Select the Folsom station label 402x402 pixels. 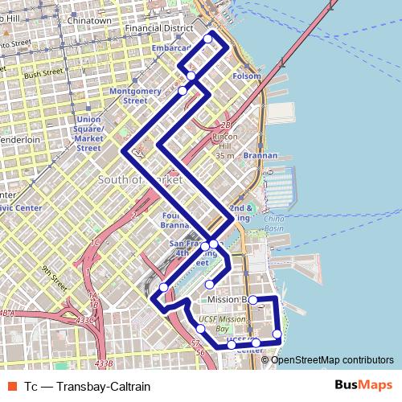click(x=247, y=76)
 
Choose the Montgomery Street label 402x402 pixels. click(x=129, y=96)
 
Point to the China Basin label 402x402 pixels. click(x=274, y=224)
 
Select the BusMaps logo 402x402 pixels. click(x=363, y=385)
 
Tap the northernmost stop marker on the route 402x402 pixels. click(x=208, y=39)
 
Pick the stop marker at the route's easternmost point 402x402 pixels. click(x=277, y=334)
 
